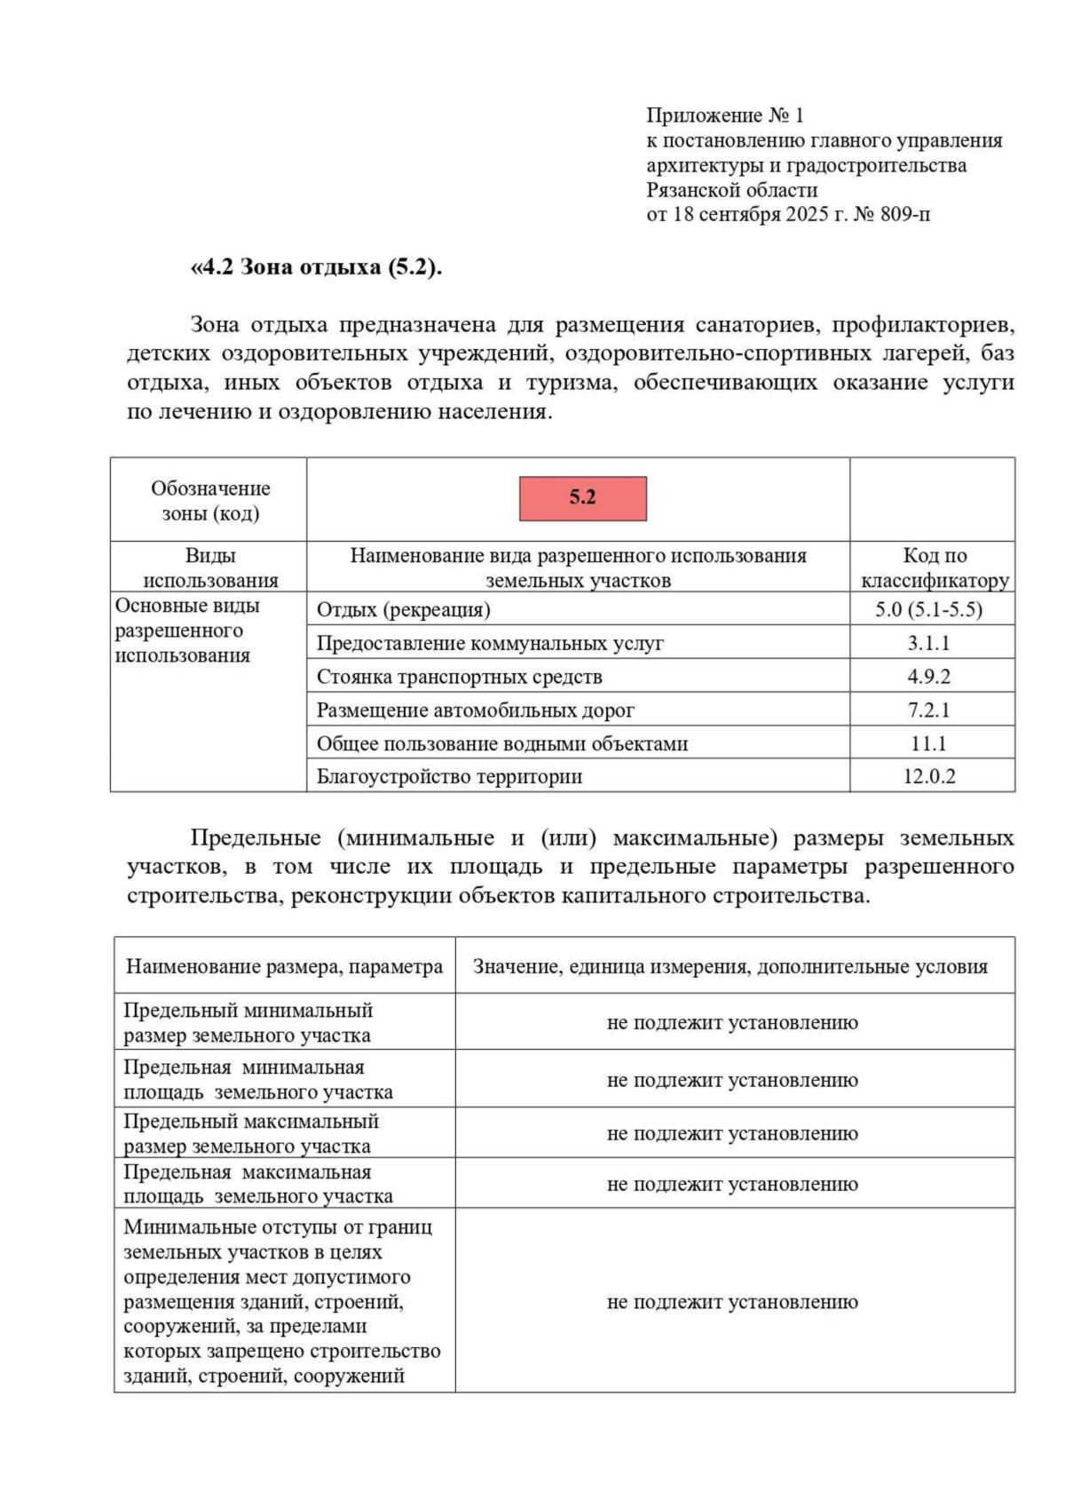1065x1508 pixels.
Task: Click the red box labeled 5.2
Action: coord(582,498)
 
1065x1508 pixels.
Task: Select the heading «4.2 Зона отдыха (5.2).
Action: coord(316,266)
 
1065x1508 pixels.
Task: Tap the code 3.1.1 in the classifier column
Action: coord(928,643)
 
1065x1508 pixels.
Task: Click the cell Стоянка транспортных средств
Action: coord(459,677)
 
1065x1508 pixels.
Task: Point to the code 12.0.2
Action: coord(928,776)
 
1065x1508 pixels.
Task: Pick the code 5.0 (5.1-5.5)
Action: coord(928,610)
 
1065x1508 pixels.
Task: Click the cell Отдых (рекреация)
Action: coord(404,610)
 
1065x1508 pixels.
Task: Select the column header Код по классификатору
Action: coord(934,567)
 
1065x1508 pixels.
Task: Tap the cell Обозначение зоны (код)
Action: coord(210,500)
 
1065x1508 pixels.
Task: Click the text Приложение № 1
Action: coord(724,115)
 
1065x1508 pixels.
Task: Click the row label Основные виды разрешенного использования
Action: coord(187,631)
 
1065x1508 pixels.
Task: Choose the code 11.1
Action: coord(928,743)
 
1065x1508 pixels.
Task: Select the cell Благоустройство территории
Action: coord(449,777)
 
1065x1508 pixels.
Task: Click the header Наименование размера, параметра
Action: coord(284,966)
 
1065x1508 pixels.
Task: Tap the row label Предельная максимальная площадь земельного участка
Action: coord(257,1184)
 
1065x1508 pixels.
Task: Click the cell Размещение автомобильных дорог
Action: coord(475,710)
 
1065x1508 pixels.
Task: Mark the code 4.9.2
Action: coord(928,677)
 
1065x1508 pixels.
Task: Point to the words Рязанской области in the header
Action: coord(731,190)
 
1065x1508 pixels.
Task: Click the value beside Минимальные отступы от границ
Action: coord(732,1302)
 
